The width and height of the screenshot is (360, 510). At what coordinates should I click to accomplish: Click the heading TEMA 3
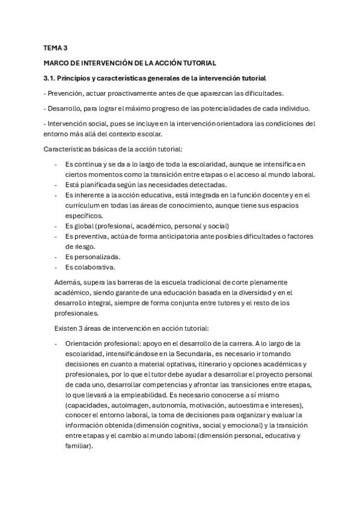point(56,47)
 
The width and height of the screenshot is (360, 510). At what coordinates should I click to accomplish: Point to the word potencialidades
point(219,108)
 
